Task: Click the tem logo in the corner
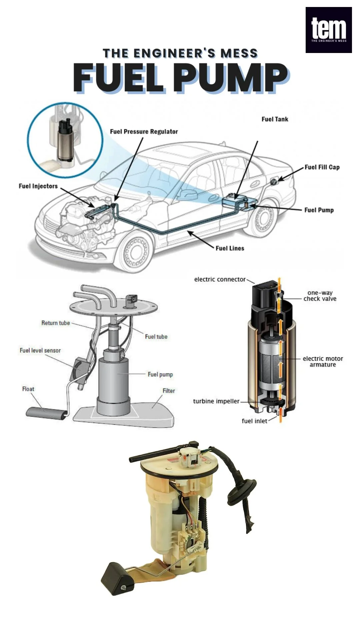pyautogui.click(x=329, y=30)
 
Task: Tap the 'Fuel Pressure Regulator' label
pyautogui.click(x=144, y=132)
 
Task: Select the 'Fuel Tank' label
pyautogui.click(x=275, y=119)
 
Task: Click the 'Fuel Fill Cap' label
pyautogui.click(x=322, y=167)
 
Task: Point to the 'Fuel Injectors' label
pyautogui.click(x=38, y=186)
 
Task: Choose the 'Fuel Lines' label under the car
pyautogui.click(x=230, y=248)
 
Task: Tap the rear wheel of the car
pyautogui.click(x=263, y=220)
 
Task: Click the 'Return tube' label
pyautogui.click(x=56, y=323)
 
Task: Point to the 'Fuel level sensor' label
pyautogui.click(x=40, y=351)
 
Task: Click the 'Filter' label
pyautogui.click(x=169, y=391)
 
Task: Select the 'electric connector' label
pyautogui.click(x=220, y=279)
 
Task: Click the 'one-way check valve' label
pyautogui.click(x=320, y=296)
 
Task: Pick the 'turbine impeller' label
pyautogui.click(x=216, y=401)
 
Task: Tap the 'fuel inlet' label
pyautogui.click(x=254, y=421)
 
